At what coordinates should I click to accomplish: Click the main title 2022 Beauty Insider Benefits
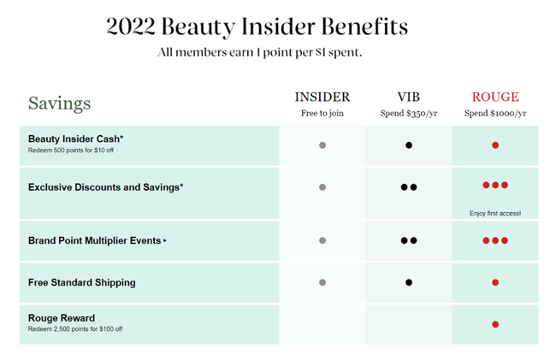257,27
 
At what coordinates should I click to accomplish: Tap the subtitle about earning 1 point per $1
260,52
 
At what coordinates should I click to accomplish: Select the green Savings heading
60,103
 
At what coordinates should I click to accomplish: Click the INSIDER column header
322,97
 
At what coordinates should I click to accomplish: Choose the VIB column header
409,97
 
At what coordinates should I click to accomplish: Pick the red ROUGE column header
495,97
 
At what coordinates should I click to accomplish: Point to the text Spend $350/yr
409,114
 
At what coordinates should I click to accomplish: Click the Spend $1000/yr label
495,114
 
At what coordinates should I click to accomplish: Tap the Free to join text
322,114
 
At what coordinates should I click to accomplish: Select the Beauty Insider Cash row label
75,139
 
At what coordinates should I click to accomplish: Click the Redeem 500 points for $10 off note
71,150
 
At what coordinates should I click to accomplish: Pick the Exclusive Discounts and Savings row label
106,187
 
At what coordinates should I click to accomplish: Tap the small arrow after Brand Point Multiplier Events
165,240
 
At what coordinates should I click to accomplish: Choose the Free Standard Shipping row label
82,282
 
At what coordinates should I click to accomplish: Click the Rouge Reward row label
62,318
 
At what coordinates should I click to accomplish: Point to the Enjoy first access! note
495,213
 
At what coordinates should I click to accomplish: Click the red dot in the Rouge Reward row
495,324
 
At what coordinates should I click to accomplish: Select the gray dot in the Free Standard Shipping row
322,282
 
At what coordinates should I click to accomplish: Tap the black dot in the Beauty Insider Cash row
409,145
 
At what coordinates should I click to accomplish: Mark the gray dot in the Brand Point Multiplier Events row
322,240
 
